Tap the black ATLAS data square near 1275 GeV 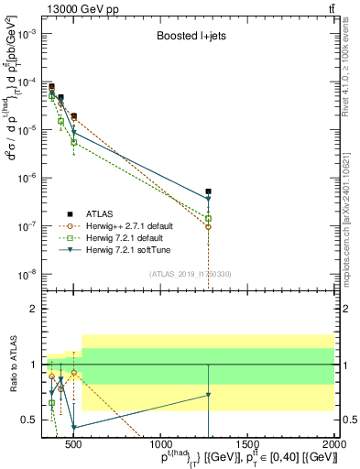(x=209, y=191)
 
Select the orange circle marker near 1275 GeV (x=209, y=226)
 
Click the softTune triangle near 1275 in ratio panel (x=209, y=395)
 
